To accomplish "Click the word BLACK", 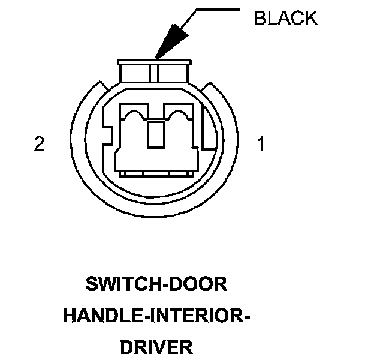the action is (x=285, y=18).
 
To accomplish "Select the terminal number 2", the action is (x=39, y=145).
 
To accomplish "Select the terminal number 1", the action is (x=261, y=145).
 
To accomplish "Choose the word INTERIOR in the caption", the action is (x=195, y=315).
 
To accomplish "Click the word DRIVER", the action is (x=157, y=346).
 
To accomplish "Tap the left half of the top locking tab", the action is (x=135, y=73).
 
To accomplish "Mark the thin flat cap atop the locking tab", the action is (x=155, y=61).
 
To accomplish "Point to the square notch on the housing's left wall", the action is (x=108, y=133).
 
